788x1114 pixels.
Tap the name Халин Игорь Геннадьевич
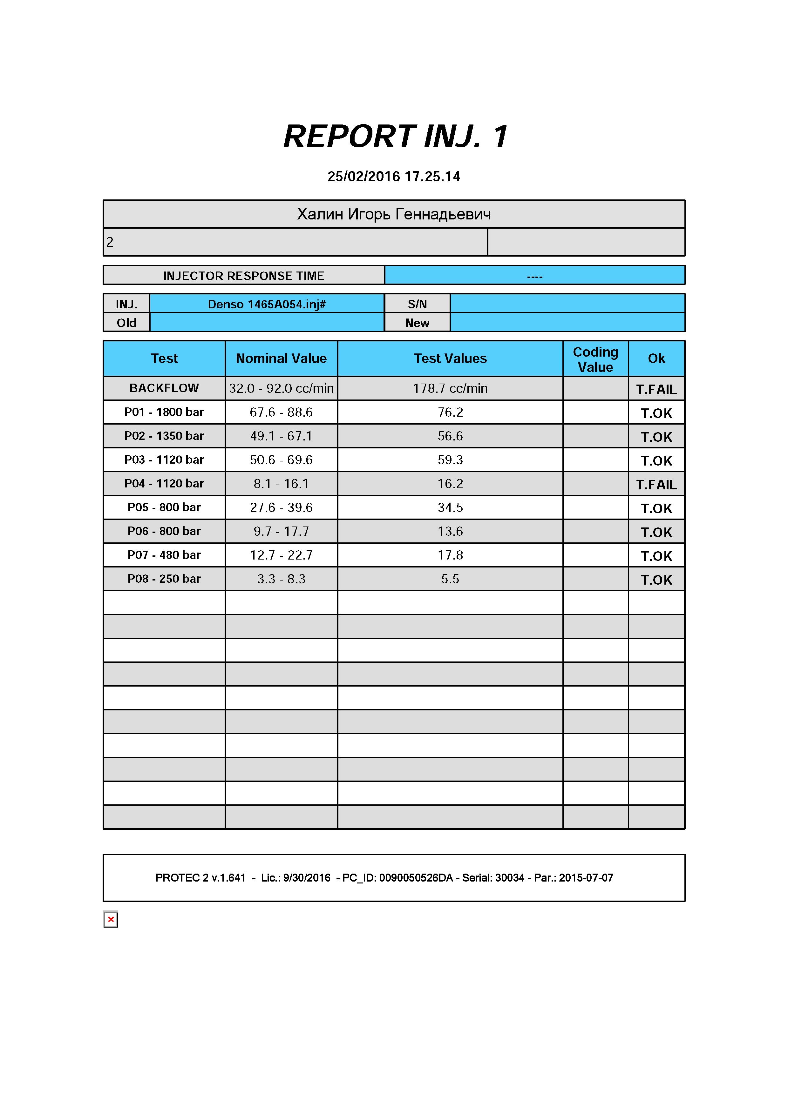394,214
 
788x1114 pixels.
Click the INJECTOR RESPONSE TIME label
243,276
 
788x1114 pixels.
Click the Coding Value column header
595,359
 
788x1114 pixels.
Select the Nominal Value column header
281,359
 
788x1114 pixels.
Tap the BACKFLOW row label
164,388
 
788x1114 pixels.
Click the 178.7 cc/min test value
450,388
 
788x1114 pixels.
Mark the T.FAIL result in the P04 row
656,485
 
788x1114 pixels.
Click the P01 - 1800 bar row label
164,412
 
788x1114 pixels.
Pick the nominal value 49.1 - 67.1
281,436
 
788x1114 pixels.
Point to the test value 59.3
450,460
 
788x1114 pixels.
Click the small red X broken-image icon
111,919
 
